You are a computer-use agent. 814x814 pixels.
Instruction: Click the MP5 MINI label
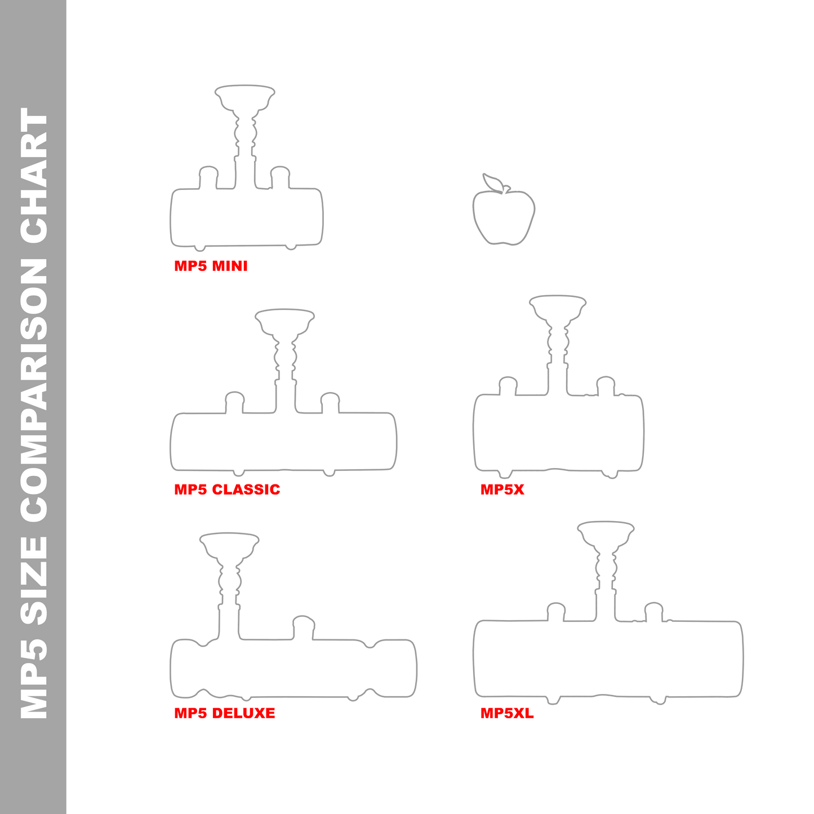click(211, 266)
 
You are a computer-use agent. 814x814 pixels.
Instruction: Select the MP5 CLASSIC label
click(227, 490)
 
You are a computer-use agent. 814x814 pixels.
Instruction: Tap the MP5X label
click(502, 490)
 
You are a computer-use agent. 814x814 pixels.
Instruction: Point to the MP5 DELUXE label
click(225, 713)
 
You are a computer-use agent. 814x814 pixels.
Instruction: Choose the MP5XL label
click(507, 713)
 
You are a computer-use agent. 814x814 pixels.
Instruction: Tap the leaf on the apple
click(492, 183)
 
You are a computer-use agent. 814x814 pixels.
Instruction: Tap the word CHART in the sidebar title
click(34, 175)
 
